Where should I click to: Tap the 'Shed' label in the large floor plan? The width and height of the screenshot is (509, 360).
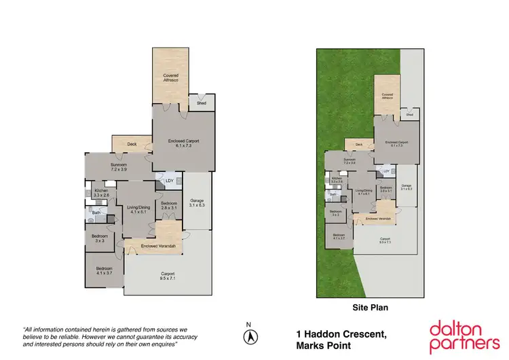(x=201, y=103)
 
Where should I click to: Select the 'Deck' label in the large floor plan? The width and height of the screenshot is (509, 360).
(x=132, y=144)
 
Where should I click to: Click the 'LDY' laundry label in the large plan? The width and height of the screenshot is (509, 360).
(x=169, y=181)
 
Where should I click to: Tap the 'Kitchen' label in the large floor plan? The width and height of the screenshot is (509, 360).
(x=101, y=192)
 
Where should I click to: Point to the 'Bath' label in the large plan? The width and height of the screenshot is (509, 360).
(x=96, y=213)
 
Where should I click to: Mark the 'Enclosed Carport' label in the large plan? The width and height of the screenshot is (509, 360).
(x=183, y=143)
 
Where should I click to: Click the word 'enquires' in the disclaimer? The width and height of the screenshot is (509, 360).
(x=162, y=345)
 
